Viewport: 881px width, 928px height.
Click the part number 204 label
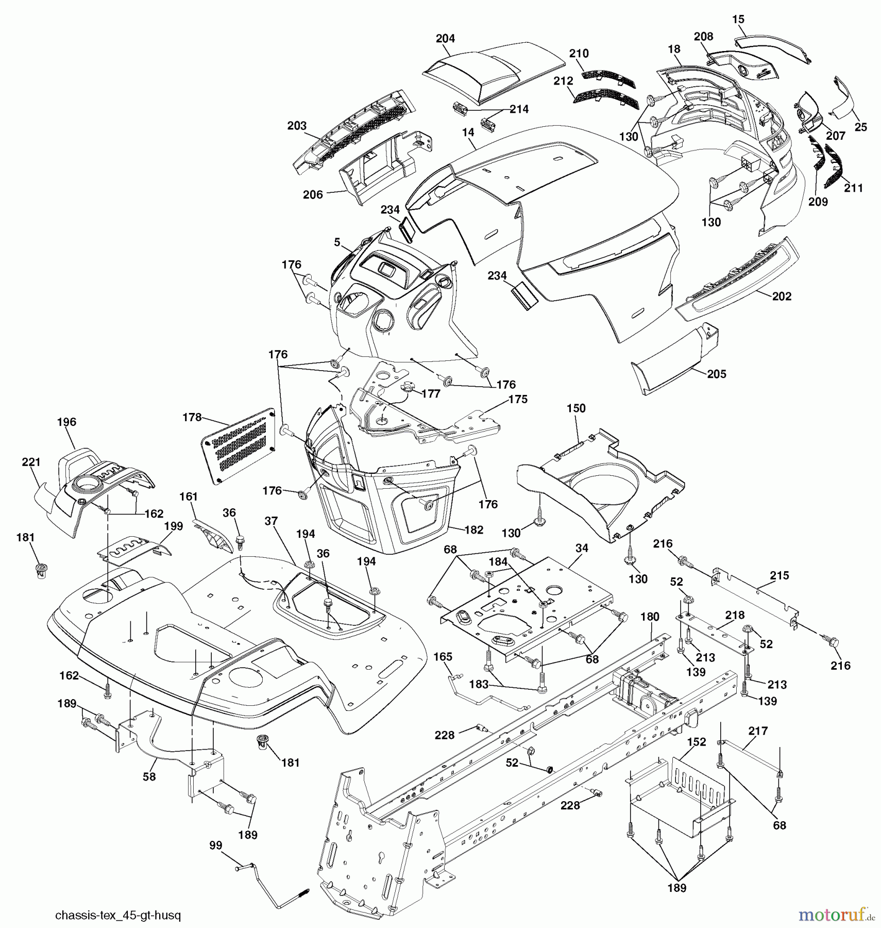click(445, 39)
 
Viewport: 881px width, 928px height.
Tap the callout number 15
click(738, 20)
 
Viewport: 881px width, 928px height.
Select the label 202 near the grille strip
click(781, 296)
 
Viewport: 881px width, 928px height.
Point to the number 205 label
click(716, 374)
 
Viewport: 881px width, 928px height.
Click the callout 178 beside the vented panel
click(192, 417)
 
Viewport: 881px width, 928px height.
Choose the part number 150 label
click(576, 408)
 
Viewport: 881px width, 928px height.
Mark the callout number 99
click(216, 845)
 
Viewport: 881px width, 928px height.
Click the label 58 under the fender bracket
click(149, 776)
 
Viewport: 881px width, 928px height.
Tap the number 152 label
click(696, 742)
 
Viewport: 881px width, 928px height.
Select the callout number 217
click(758, 731)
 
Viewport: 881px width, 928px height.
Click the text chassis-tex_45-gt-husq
click(118, 916)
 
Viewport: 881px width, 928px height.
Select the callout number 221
click(31, 462)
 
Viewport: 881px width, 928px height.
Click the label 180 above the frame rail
click(650, 617)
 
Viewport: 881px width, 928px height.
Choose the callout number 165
click(443, 657)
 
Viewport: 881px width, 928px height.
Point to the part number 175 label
click(518, 400)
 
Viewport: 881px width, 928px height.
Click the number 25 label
click(860, 127)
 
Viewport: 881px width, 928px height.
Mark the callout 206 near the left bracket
click(313, 194)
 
